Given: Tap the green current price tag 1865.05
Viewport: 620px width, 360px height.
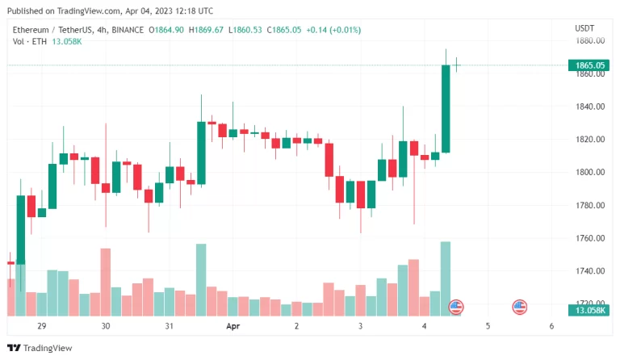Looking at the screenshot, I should pos(590,65).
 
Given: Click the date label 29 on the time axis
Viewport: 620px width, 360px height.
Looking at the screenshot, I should pos(42,326).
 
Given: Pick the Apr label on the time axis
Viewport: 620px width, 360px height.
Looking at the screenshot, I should pos(233,326).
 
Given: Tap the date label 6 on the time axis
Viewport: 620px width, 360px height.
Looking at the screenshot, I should pos(551,326).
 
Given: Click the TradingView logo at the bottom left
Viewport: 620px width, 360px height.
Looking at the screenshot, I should pos(40,348).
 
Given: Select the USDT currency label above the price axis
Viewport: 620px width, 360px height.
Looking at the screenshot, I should pos(584,27).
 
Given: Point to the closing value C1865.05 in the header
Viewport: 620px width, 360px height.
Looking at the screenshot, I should pos(283,30).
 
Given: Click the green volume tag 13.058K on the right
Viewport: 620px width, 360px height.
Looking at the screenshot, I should pos(590,310).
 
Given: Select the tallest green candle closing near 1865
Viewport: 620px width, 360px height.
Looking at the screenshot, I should pos(446,108).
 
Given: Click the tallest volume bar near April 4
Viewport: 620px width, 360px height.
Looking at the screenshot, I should pos(446,278).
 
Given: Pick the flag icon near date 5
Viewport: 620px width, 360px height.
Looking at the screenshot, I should pos(520,307).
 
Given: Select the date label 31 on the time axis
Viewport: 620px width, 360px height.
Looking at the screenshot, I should pos(170,326).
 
